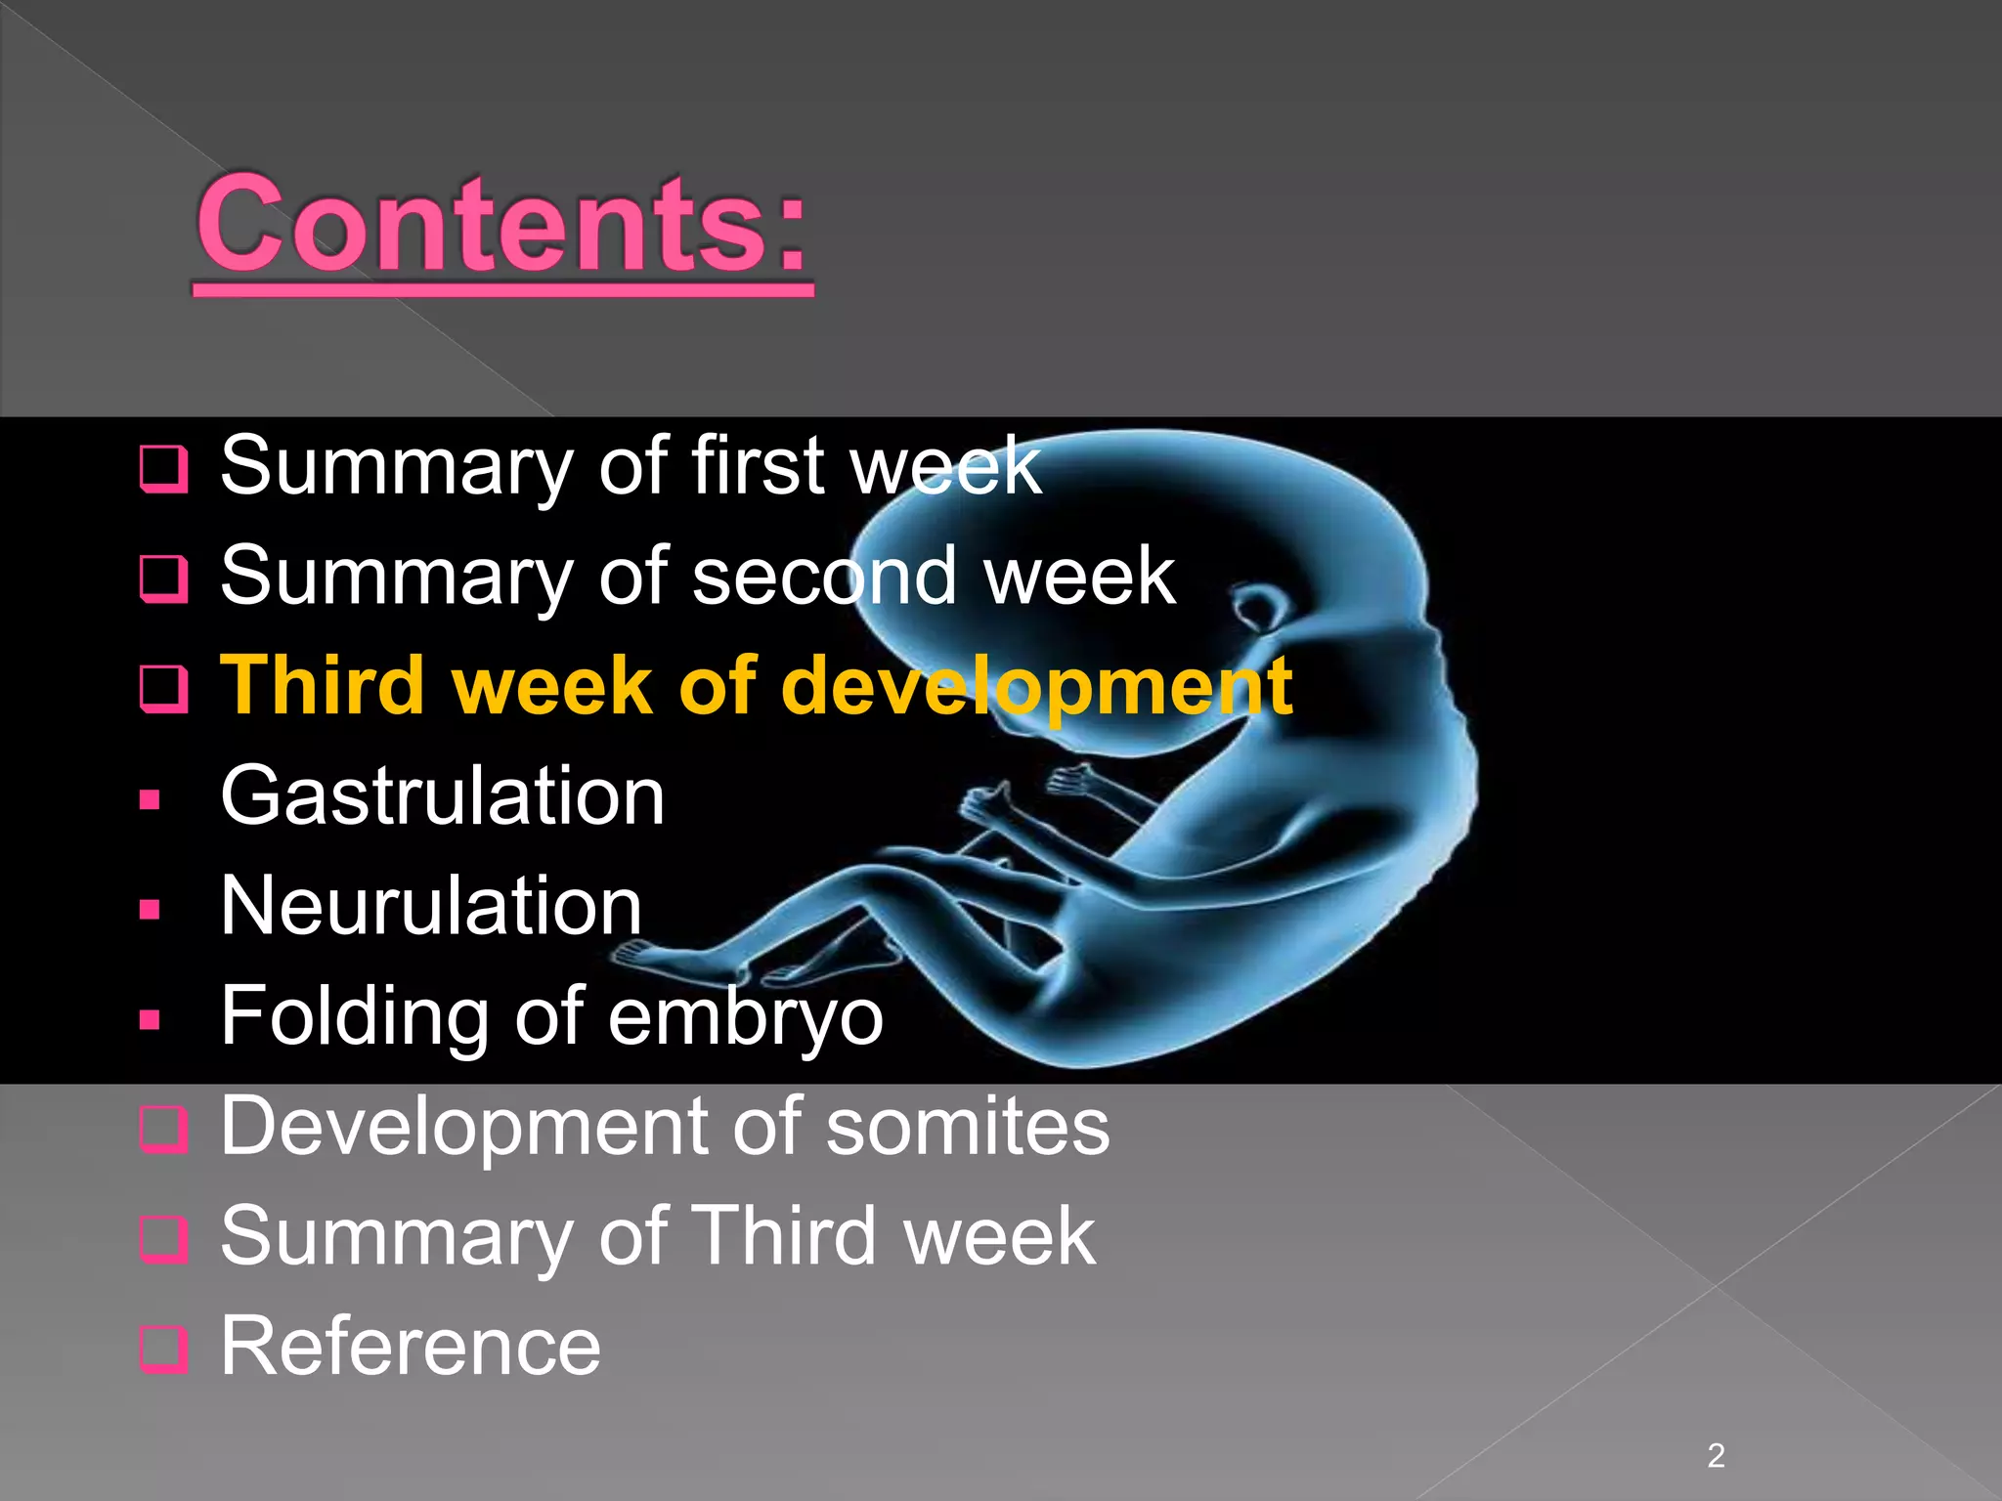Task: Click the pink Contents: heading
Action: click(x=502, y=227)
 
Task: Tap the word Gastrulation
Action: click(x=442, y=796)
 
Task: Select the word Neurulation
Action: click(x=431, y=907)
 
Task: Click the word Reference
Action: click(x=410, y=1348)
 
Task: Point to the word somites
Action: click(x=968, y=1127)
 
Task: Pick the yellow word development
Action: click(x=1036, y=686)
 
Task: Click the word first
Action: click(x=759, y=466)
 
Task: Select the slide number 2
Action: click(x=1716, y=1456)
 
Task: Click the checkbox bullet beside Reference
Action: click(x=162, y=1350)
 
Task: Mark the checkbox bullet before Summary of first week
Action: click(x=162, y=469)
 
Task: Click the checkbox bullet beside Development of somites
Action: click(x=162, y=1130)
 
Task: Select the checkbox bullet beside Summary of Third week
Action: click(x=162, y=1239)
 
